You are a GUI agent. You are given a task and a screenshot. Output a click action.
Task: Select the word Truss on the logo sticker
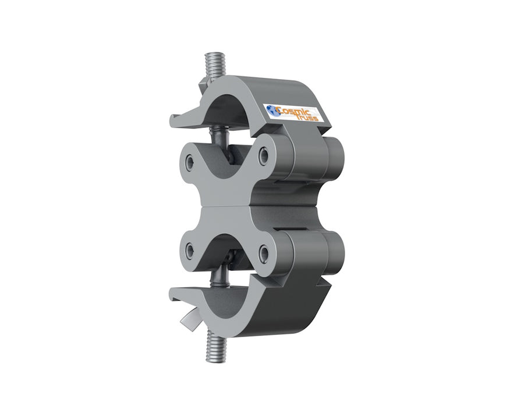click(307, 117)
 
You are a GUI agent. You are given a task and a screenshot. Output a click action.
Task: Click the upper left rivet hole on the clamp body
click(190, 162)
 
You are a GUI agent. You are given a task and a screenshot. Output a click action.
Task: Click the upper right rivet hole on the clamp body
click(264, 155)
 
